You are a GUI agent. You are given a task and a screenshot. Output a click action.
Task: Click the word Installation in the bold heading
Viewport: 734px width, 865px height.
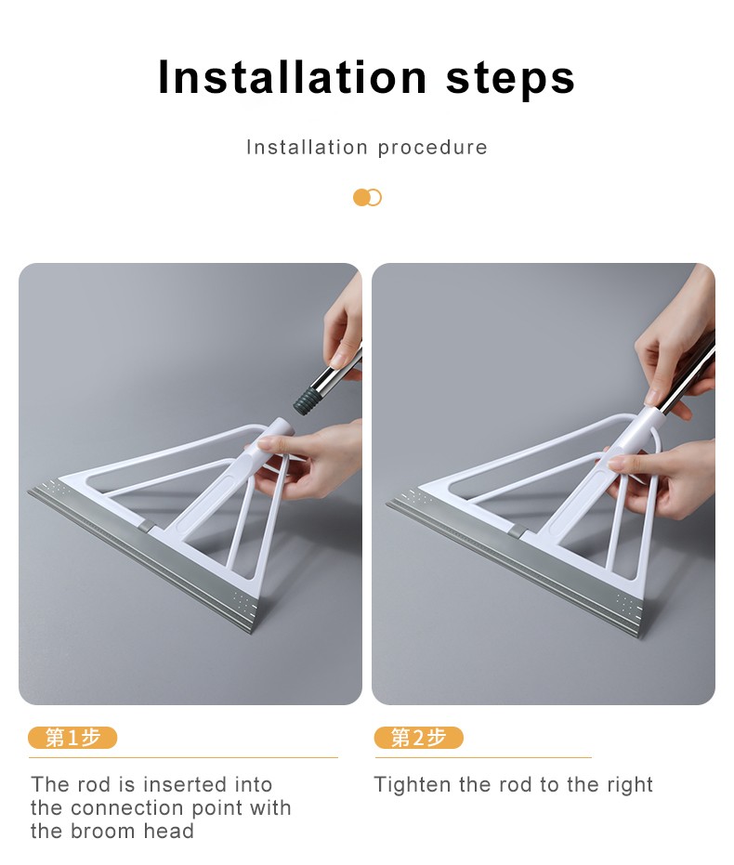(293, 77)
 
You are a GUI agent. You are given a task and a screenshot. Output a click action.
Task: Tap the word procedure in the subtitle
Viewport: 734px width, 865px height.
(433, 148)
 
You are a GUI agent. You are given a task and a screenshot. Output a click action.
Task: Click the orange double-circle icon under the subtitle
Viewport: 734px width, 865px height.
(367, 198)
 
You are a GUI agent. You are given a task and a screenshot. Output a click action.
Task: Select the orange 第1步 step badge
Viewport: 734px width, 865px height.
(72, 738)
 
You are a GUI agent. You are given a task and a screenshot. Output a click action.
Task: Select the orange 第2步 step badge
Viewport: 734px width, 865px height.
(418, 738)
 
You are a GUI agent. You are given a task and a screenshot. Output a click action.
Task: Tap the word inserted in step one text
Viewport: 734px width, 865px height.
(185, 784)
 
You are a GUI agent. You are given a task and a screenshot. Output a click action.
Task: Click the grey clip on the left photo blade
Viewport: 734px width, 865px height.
(146, 526)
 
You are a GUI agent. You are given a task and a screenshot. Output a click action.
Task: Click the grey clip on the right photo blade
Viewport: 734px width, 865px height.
(517, 531)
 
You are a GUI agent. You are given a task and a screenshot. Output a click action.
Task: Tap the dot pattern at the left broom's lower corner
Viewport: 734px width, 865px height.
(243, 603)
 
